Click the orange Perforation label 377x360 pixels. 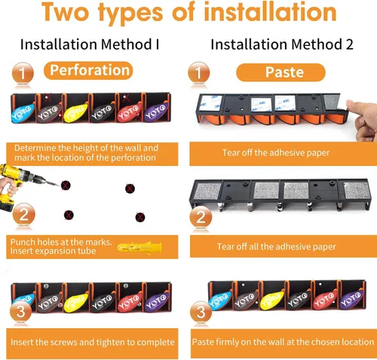[88, 70]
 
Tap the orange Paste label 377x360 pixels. [280, 72]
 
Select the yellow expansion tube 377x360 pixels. [139, 248]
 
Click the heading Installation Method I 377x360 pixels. [90, 44]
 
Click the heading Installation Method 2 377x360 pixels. [282, 44]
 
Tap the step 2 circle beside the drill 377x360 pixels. [23, 215]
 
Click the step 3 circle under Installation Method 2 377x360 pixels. [201, 313]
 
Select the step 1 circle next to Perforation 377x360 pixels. [23, 73]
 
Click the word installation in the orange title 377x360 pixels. [270, 12]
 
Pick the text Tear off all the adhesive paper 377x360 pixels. [277, 246]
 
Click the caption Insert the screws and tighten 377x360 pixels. [93, 342]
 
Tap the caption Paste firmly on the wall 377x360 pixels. [283, 342]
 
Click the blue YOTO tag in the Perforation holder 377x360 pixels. [23, 112]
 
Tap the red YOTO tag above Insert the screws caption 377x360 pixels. [130, 301]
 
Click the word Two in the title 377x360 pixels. [66, 12]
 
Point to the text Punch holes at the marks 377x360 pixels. [61, 242]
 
